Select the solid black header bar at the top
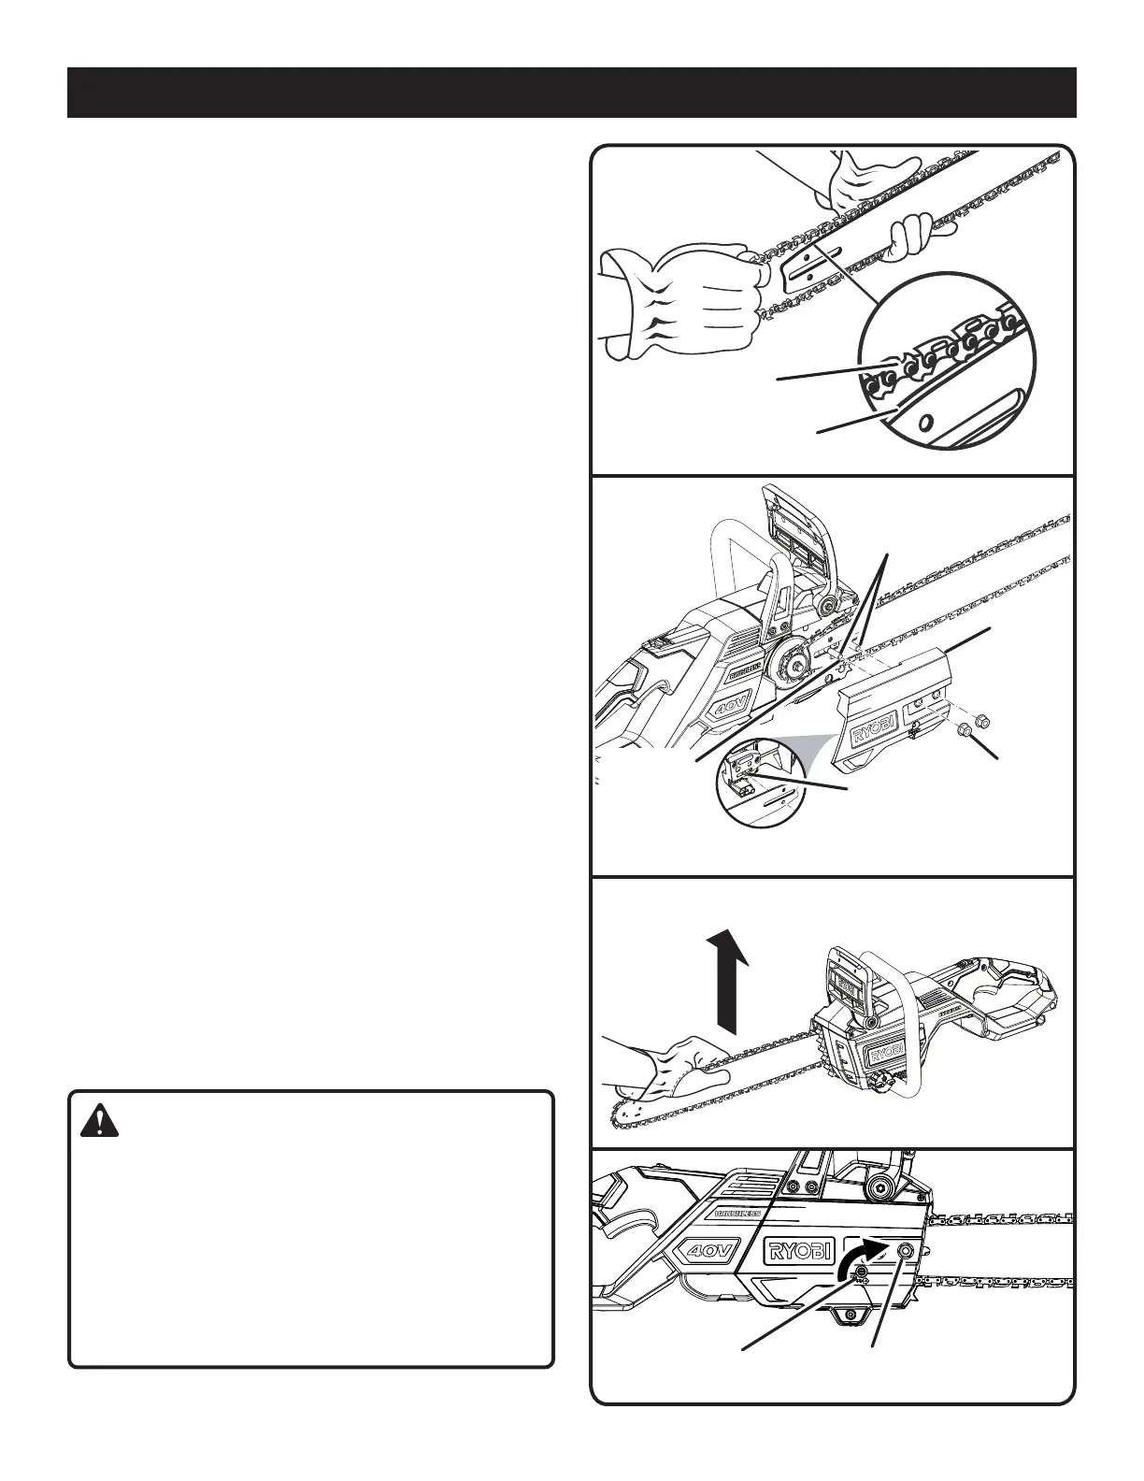pos(571,93)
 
